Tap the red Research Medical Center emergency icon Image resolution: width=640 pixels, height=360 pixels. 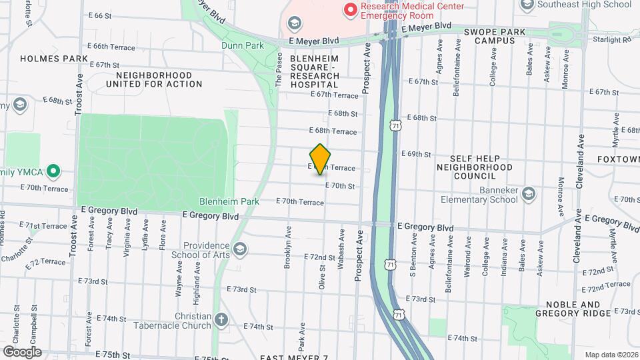pyautogui.click(x=349, y=10)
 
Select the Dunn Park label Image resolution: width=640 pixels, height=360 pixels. pyautogui.click(x=243, y=46)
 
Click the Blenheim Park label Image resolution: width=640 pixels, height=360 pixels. pyautogui.click(x=229, y=201)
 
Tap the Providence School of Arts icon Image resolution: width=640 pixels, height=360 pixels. pyautogui.click(x=240, y=249)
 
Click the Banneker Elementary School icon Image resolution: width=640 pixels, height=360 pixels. pyautogui.click(x=529, y=194)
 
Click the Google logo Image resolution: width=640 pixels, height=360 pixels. pyautogui.click(x=22, y=351)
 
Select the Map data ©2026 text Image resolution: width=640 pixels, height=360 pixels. pyautogui.click(x=611, y=355)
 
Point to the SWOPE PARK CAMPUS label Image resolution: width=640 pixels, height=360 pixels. pyautogui.click(x=495, y=36)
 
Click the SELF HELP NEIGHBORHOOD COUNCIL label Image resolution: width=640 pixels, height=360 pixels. pyautogui.click(x=475, y=167)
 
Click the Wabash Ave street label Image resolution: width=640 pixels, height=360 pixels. pyautogui.click(x=341, y=249)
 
